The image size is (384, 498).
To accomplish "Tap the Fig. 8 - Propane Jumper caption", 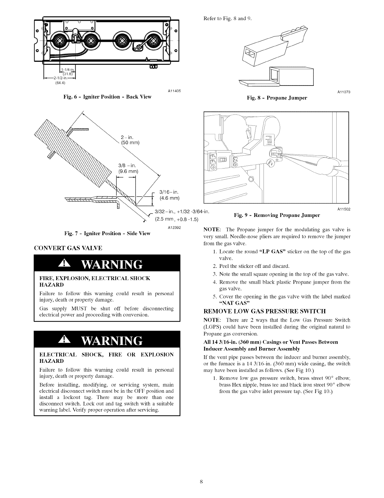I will (277, 98).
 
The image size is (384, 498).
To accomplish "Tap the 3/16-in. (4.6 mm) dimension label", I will (169, 195).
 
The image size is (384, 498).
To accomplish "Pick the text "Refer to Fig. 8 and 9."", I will (228, 18).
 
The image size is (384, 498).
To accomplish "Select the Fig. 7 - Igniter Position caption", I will (107, 233).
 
